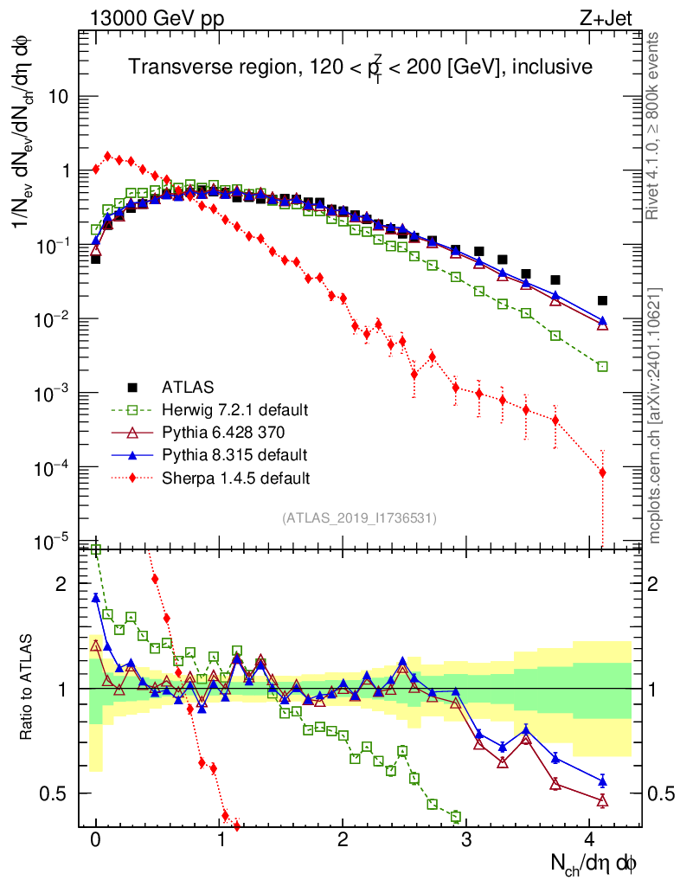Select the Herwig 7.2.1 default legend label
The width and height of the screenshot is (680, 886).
[x=234, y=409]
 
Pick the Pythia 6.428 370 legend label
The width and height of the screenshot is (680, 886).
[x=229, y=432]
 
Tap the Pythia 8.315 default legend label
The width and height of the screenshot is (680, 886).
[x=233, y=454]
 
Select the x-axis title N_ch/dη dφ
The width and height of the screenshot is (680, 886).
[x=596, y=863]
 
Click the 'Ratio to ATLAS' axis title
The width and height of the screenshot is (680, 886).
[x=28, y=688]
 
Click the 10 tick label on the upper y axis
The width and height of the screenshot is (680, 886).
[x=58, y=97]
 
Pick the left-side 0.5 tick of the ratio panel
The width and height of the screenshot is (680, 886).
[x=55, y=793]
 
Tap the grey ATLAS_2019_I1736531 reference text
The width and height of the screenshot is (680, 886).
[x=359, y=518]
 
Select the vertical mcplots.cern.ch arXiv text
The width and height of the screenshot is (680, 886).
[x=655, y=415]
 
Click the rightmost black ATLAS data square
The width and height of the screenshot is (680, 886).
[x=603, y=300]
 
